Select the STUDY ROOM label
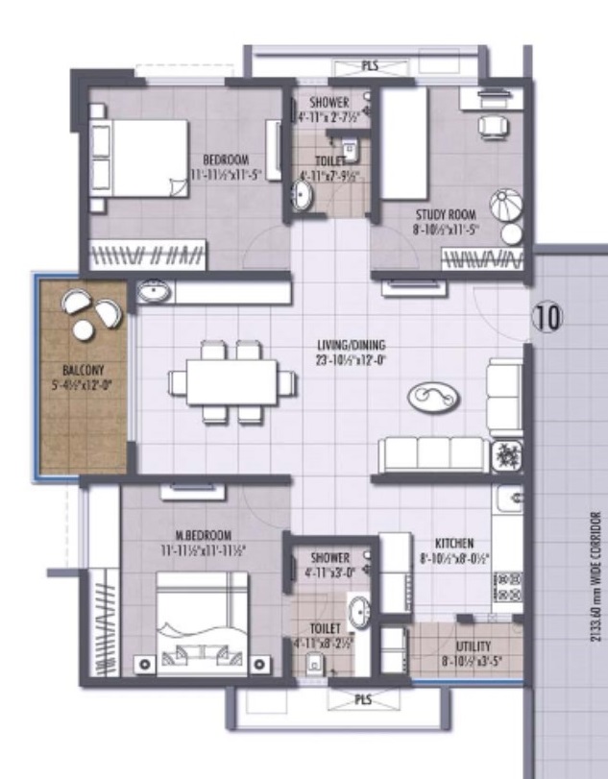pos(447,215)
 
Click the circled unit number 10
pos(547,316)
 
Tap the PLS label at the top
pos(370,66)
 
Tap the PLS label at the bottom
pos(362,700)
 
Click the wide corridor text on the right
pos(596,576)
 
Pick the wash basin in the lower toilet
pos(359,611)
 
